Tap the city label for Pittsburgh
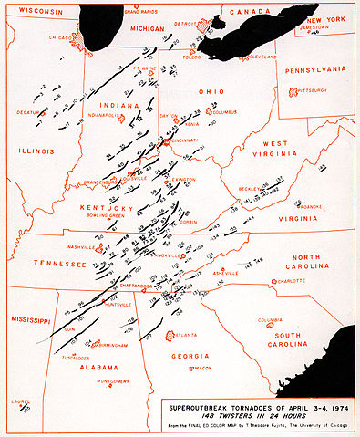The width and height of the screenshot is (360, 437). click(x=308, y=91)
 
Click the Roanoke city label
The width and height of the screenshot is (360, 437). click(x=308, y=207)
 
